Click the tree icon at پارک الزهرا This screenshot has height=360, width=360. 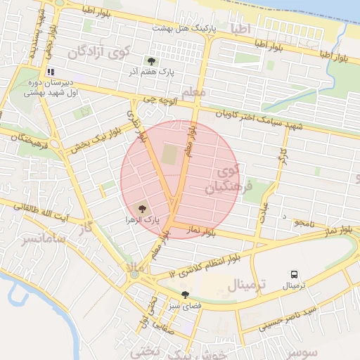pyautogui.click(x=143, y=209)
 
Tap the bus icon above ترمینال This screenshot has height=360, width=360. pyautogui.click(x=293, y=275)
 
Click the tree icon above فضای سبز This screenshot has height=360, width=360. pyautogui.click(x=185, y=295)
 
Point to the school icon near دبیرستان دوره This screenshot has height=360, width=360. pyautogui.click(x=50, y=72)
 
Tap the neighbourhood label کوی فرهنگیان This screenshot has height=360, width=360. pyautogui.click(x=224, y=179)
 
